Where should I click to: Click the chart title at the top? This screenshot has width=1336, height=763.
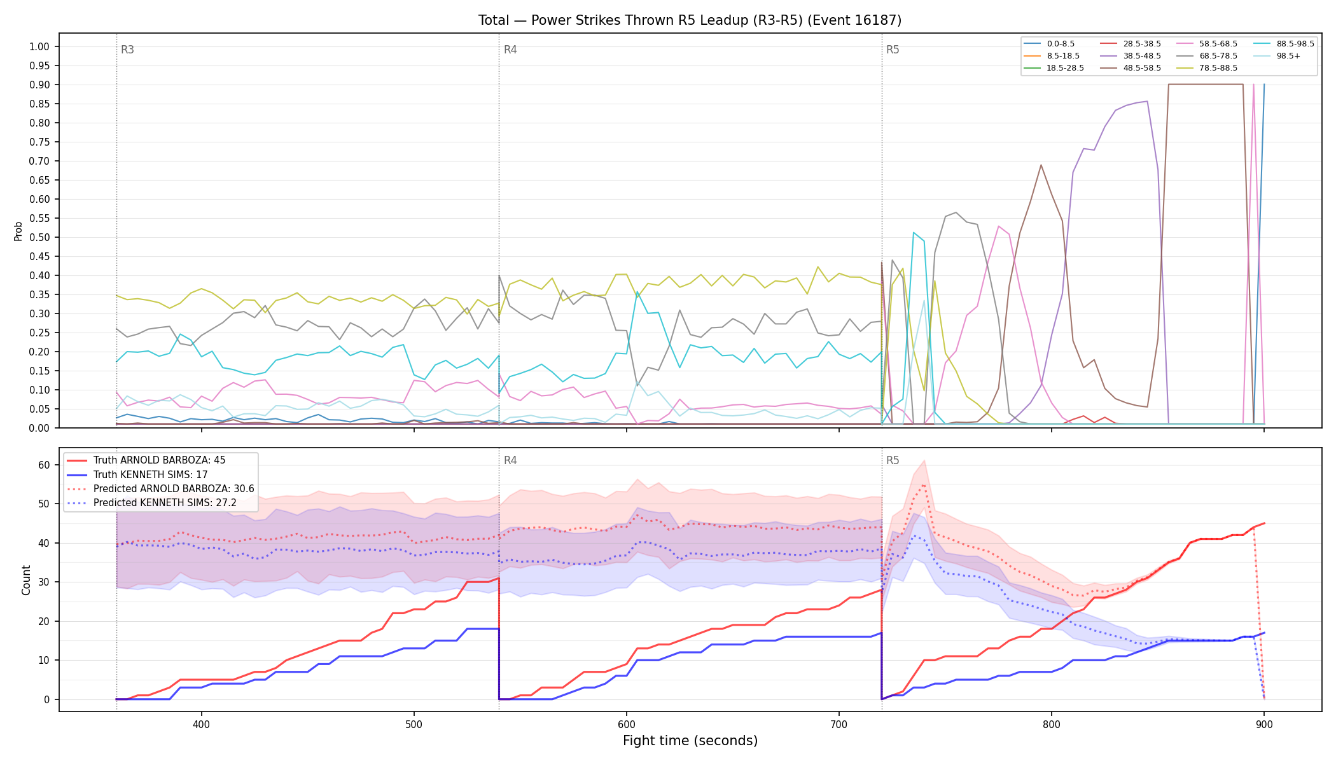pyautogui.click(x=690, y=20)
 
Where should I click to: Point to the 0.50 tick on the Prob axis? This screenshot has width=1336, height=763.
pyautogui.click(x=39, y=237)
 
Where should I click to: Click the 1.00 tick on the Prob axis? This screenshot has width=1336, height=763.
pyautogui.click(x=39, y=46)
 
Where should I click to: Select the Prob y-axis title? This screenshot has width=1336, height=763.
pyautogui.click(x=18, y=231)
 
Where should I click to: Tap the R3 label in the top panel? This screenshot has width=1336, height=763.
pyautogui.click(x=127, y=50)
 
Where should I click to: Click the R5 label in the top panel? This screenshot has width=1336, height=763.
pyautogui.click(x=893, y=50)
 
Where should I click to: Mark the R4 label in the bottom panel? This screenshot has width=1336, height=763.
pyautogui.click(x=510, y=460)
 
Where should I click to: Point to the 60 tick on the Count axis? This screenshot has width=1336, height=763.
pyautogui.click(x=44, y=465)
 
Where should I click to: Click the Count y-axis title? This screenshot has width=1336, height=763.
pyautogui.click(x=26, y=580)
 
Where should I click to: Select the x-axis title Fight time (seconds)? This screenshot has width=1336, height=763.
pyautogui.click(x=690, y=741)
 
